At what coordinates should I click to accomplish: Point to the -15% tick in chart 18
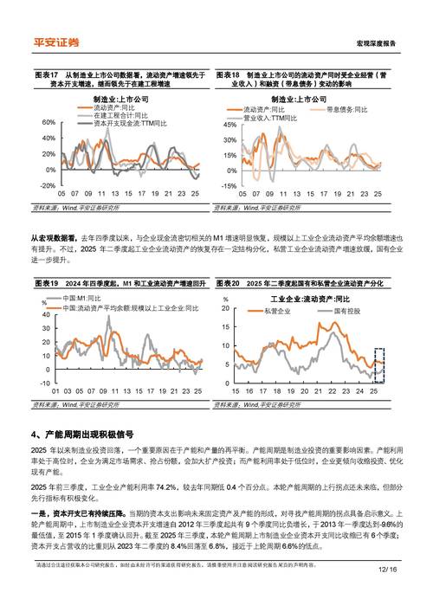227,186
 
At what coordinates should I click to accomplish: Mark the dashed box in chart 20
379,363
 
